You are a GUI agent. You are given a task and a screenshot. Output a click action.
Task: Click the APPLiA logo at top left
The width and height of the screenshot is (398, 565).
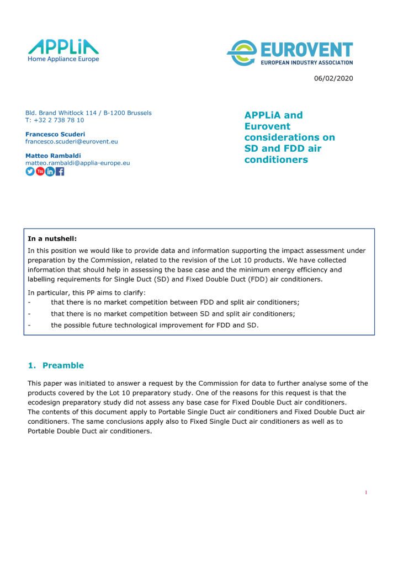coord(63,46)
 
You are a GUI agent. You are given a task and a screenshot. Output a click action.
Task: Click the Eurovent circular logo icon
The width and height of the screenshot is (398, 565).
coord(241,54)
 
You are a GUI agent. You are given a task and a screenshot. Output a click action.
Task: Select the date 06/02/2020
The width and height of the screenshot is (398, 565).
coord(333,78)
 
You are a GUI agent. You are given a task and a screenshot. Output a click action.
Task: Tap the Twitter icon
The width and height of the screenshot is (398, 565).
coord(30,171)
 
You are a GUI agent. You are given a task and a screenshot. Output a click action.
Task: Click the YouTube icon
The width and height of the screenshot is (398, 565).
coord(40,171)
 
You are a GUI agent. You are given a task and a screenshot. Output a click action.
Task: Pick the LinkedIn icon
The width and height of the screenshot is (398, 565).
coord(50,171)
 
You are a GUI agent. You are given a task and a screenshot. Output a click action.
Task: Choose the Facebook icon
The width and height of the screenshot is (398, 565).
coord(60,171)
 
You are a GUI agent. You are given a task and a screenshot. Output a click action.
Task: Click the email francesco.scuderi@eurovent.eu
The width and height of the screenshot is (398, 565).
coord(72,141)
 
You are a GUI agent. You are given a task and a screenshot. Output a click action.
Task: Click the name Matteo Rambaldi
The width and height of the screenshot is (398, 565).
coord(53,156)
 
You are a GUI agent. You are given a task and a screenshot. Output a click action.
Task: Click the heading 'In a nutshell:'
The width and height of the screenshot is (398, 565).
coord(52,239)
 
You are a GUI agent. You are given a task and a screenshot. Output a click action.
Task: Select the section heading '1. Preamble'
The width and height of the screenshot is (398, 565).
coord(56,365)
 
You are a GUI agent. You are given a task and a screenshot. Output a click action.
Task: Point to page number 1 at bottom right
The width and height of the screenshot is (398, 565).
coord(365,492)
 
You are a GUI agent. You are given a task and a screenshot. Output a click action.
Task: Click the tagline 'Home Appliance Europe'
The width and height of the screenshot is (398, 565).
coord(63,59)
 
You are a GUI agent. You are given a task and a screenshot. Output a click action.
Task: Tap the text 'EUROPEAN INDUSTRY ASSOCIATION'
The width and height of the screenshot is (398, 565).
coord(306,62)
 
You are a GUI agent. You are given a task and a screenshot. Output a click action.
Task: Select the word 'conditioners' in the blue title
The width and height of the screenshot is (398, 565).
coord(276,160)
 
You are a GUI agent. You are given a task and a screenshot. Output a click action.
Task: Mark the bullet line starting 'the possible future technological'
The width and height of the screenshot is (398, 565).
coord(155,325)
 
